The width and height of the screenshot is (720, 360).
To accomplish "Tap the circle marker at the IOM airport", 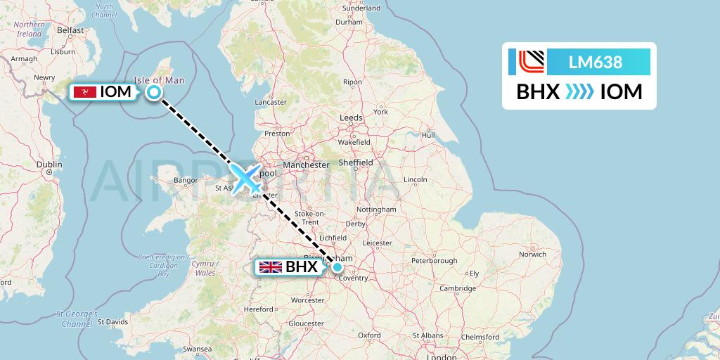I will [153, 91].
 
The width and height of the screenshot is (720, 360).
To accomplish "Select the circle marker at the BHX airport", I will [338, 267].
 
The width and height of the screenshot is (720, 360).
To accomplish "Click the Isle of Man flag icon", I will [85, 92].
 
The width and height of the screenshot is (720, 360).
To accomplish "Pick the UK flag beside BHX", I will [271, 267].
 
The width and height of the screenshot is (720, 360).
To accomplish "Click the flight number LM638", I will [595, 62].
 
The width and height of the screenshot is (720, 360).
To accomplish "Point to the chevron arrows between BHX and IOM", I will [579, 92].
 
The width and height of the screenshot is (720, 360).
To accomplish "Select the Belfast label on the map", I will [70, 30].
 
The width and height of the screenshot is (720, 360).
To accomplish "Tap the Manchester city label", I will [306, 165].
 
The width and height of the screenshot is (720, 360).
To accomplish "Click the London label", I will [441, 357].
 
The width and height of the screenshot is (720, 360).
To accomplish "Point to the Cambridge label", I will [457, 288].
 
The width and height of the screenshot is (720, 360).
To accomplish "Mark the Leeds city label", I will [351, 117].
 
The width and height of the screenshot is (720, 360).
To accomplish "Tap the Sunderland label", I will [361, 8].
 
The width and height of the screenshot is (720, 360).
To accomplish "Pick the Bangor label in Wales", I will [186, 181].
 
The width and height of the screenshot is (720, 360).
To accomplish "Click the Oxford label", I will [368, 335].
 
